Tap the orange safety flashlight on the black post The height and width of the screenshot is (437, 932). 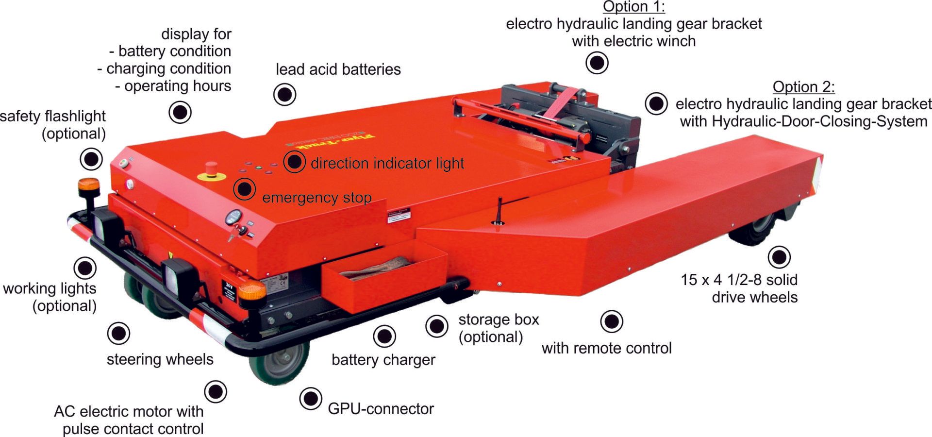click(89, 185)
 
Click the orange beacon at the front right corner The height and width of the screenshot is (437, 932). click(252, 290)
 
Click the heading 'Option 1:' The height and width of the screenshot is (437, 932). click(633, 7)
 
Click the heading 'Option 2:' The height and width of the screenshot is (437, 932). click(803, 87)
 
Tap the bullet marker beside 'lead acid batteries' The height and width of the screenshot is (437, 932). click(284, 94)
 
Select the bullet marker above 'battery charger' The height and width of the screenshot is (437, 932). click(384, 336)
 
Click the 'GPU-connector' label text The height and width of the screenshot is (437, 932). click(381, 409)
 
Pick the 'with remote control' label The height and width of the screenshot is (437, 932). click(606, 348)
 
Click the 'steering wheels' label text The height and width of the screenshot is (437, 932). click(160, 359)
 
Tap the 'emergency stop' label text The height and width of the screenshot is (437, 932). click(316, 198)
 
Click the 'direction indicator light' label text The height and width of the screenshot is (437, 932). click(387, 163)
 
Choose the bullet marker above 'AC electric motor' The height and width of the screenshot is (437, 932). click(215, 391)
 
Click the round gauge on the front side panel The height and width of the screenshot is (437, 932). click(233, 217)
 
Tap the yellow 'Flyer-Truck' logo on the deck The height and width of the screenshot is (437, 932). click(330, 139)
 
